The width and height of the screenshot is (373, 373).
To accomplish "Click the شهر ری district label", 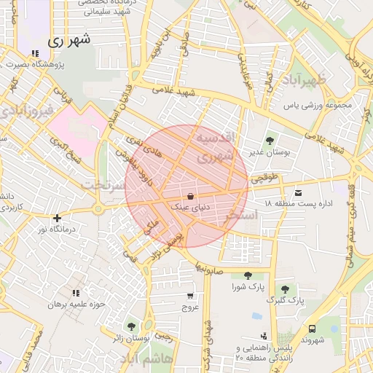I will coord(71,41).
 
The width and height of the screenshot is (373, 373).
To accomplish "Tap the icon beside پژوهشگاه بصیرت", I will coord(34,53).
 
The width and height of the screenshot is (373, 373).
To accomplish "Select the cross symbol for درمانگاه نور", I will coord(57,217).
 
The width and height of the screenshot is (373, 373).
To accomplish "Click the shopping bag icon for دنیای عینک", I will coord(190,196).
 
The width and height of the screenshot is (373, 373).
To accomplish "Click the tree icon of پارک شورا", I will coord(248,275).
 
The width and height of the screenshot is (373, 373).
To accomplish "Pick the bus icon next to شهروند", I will coord(313,329).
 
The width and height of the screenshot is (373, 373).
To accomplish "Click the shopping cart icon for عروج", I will coord(190,296).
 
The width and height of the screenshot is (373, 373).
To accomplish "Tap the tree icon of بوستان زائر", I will coord(131,327).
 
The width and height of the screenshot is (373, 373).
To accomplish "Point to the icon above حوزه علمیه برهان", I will coord(76,292).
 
